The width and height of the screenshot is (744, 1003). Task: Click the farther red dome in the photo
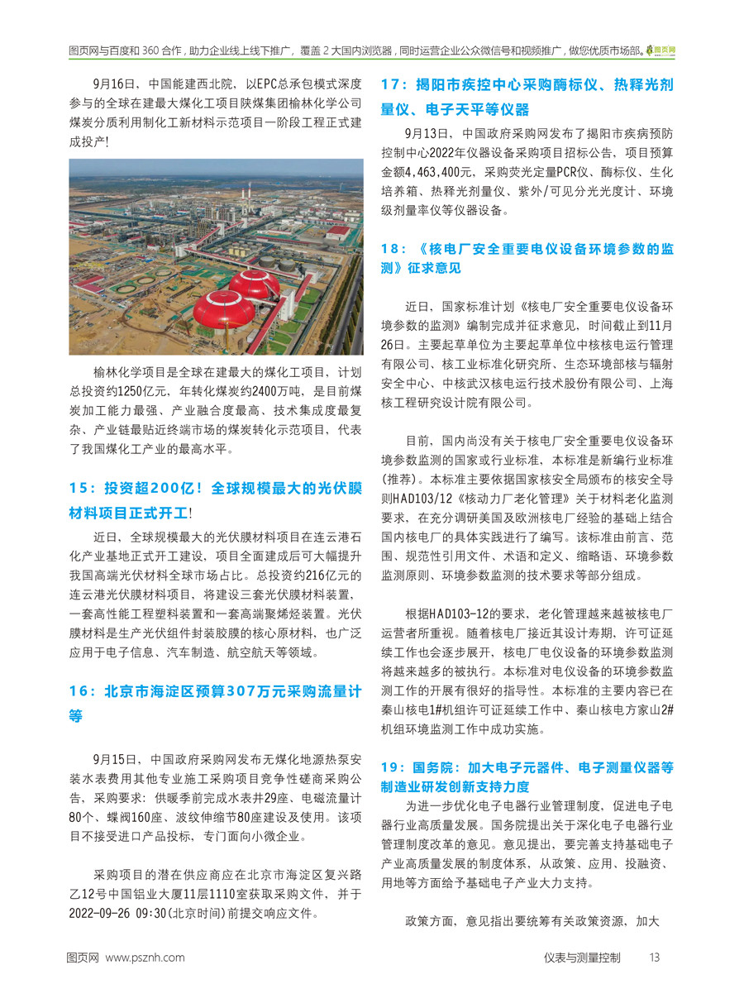(255, 284)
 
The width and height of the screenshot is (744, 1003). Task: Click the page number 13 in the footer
(654, 958)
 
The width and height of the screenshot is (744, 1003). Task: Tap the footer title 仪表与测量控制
(582, 958)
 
